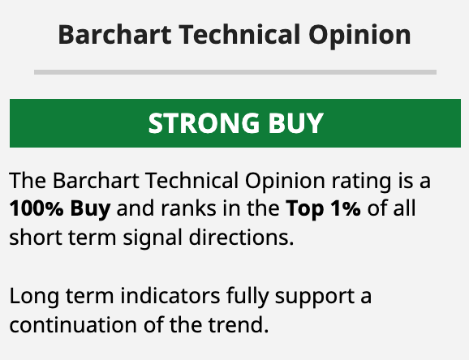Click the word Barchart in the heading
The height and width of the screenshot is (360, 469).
pyautogui.click(x=115, y=34)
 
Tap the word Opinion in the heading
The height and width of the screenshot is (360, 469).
pyautogui.click(x=359, y=36)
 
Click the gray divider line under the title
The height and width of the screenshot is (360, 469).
pyautogui.click(x=235, y=72)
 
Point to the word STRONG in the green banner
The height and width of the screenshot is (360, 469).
pyautogui.click(x=204, y=123)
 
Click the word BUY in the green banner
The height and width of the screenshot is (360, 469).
pyautogui.click(x=295, y=123)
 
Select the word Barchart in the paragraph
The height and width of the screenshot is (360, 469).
pyautogui.click(x=96, y=181)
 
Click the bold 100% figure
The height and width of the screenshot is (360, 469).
pyautogui.click(x=37, y=208)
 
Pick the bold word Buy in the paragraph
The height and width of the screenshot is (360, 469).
pyautogui.click(x=90, y=210)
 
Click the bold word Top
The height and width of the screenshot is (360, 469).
pyautogui.click(x=305, y=210)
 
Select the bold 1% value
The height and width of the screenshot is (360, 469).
pyautogui.click(x=346, y=208)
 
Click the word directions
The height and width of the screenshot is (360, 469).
pyautogui.click(x=241, y=238)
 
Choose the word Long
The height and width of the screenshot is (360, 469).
pyautogui.click(x=34, y=297)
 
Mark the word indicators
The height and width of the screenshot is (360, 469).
pyautogui.click(x=170, y=295)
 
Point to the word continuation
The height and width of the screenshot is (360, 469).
pyautogui.click(x=73, y=324)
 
